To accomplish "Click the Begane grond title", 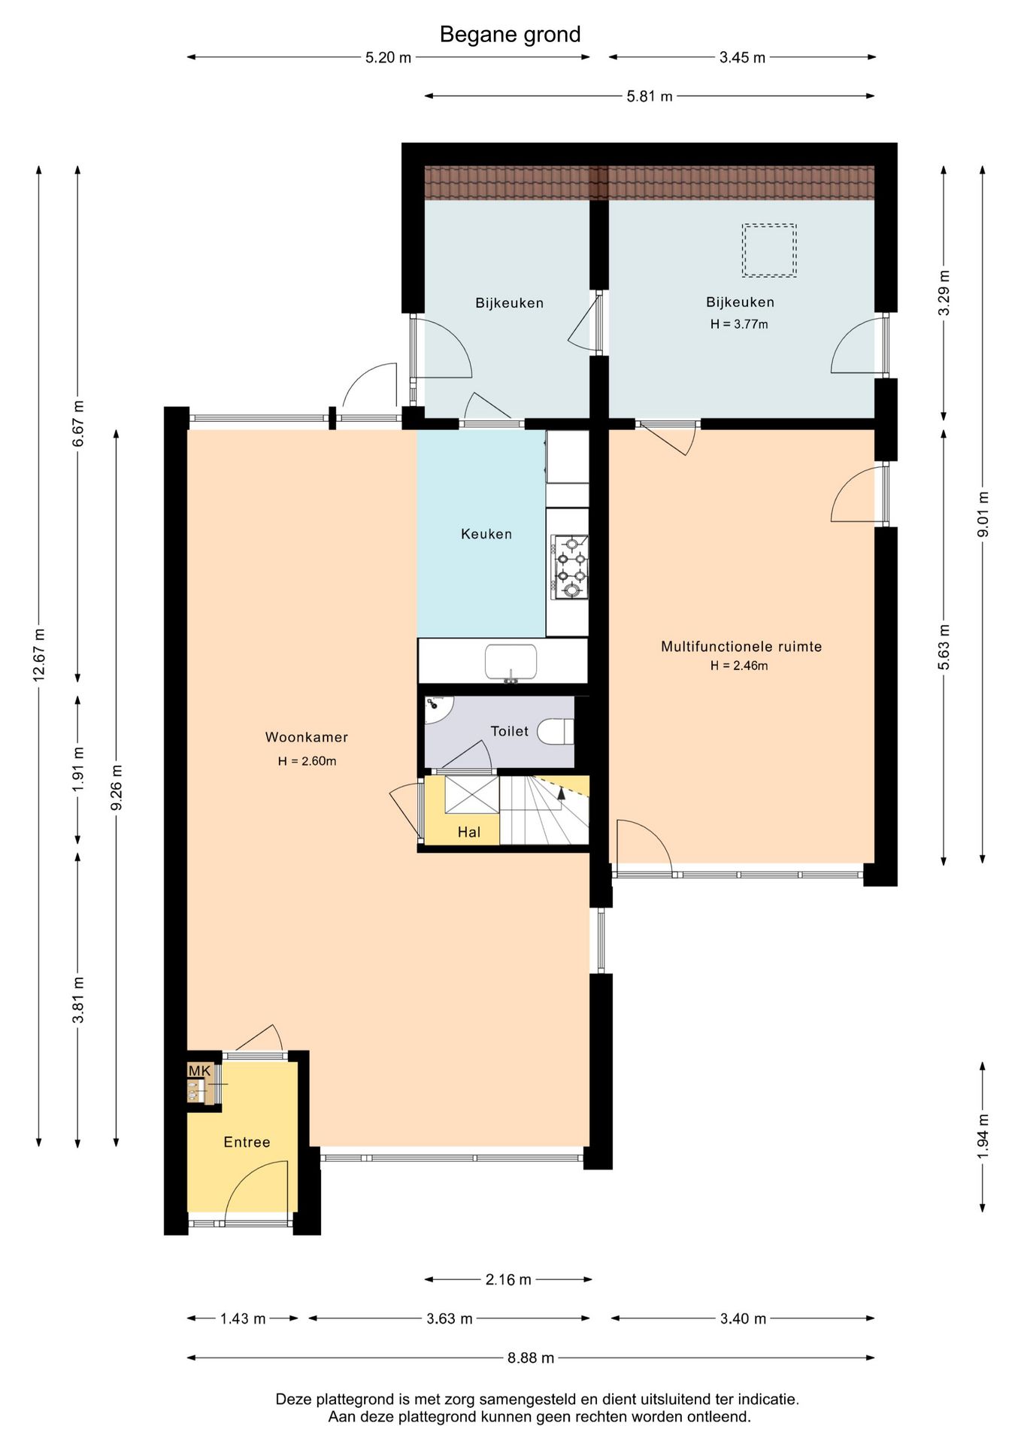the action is click(x=510, y=35).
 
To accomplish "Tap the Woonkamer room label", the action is click(x=307, y=737).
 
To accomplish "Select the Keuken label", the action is click(x=486, y=534).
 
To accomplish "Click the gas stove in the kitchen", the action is click(x=571, y=567).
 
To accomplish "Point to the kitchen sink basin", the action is click(x=510, y=662).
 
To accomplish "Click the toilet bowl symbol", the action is click(x=556, y=731).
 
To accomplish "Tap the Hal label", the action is click(x=469, y=832).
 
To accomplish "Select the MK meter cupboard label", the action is click(x=199, y=1071).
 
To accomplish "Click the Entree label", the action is click(x=247, y=1142).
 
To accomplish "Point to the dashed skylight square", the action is click(x=769, y=250).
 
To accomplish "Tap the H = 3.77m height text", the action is click(x=739, y=324).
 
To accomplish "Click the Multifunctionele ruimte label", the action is click(x=741, y=646).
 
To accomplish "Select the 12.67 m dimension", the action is click(x=39, y=654).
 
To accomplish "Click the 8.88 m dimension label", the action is click(x=531, y=1358).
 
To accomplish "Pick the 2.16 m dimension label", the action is click(x=508, y=1279).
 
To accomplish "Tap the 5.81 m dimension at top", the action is click(x=650, y=96).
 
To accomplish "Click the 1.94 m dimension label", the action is click(x=983, y=1136).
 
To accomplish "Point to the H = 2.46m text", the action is click(x=739, y=666).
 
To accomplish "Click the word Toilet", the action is click(x=510, y=731).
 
